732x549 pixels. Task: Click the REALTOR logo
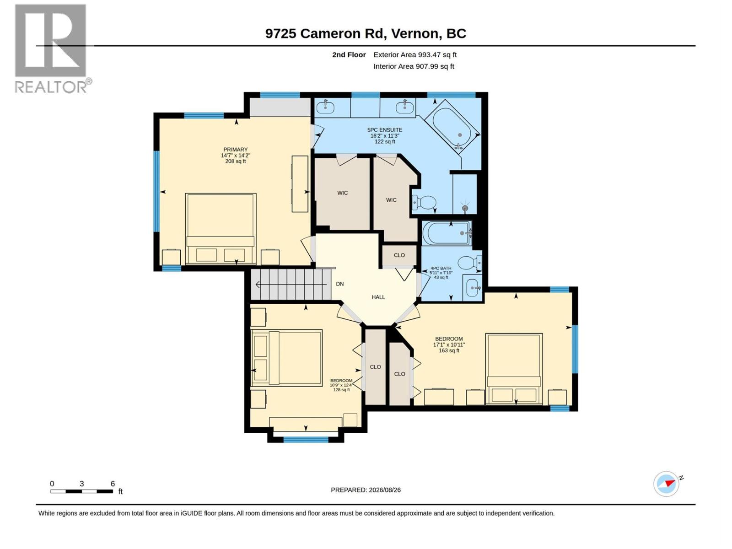pyautogui.click(x=53, y=48)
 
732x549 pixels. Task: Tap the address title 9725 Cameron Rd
pyautogui.click(x=324, y=33)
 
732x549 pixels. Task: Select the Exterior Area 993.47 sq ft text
pyautogui.click(x=415, y=54)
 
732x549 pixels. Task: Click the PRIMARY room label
pyautogui.click(x=236, y=150)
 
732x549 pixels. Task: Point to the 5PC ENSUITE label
pyautogui.click(x=384, y=130)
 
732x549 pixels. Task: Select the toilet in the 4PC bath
pyautogui.click(x=470, y=263)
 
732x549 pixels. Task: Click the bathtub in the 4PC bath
pyautogui.click(x=447, y=233)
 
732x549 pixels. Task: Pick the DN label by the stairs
pyautogui.click(x=340, y=284)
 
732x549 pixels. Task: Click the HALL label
pyautogui.click(x=378, y=297)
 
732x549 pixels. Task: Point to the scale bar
pyautogui.click(x=82, y=491)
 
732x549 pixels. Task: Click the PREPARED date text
pyautogui.click(x=366, y=490)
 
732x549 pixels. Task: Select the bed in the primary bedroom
pyautogui.click(x=221, y=229)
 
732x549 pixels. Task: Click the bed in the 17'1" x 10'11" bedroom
pyautogui.click(x=514, y=369)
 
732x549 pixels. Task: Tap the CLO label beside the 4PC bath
pyautogui.click(x=399, y=255)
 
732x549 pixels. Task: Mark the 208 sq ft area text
pyautogui.click(x=236, y=161)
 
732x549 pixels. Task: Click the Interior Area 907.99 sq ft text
pyautogui.click(x=414, y=66)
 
